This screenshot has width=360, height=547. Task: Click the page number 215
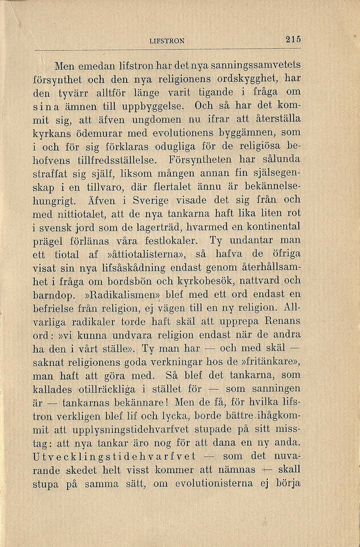click(293, 39)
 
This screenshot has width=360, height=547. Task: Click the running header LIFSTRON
click(167, 40)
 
